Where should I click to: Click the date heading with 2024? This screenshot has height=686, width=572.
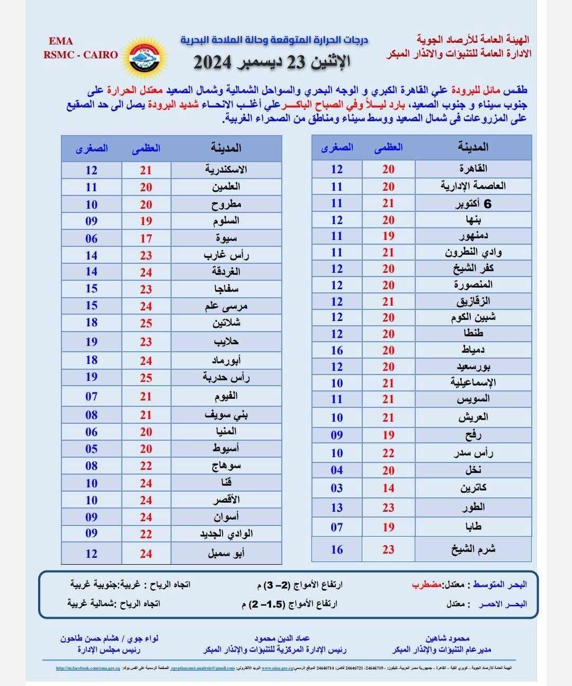[x=272, y=61]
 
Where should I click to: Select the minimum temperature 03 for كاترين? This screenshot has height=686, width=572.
[x=337, y=488]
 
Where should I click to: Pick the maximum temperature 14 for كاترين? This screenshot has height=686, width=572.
[x=388, y=488]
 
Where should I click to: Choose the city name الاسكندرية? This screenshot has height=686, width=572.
[x=226, y=170]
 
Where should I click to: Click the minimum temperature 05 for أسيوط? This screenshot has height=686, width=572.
[x=92, y=449]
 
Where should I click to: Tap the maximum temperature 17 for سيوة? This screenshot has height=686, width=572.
[x=146, y=238]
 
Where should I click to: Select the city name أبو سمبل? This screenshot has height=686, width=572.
[x=226, y=554]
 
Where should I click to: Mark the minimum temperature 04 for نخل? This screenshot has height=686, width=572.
[x=337, y=470]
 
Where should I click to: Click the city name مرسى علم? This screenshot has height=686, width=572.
[x=226, y=306]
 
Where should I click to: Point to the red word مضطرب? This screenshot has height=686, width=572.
[x=427, y=585]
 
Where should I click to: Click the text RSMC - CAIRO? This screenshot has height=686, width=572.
[x=81, y=55]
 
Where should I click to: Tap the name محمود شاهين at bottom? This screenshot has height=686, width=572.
[x=448, y=638]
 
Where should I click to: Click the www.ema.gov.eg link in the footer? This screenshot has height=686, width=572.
[x=275, y=669]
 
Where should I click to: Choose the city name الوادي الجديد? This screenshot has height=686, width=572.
[x=226, y=534]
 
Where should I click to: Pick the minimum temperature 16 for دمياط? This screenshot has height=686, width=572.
[x=337, y=350]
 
